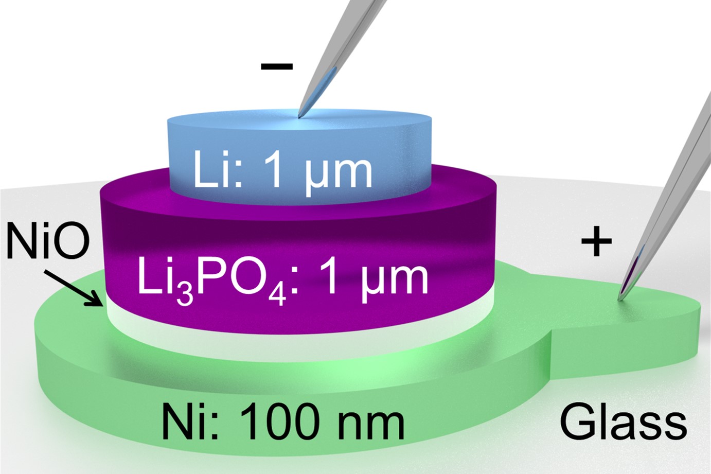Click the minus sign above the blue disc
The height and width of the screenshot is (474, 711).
click(x=277, y=66)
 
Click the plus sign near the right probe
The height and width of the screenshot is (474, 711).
click(x=596, y=241)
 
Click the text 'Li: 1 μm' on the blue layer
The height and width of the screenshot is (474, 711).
click(x=282, y=173)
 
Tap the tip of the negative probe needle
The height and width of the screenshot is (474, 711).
click(x=298, y=117)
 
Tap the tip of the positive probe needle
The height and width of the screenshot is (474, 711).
click(x=618, y=300)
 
